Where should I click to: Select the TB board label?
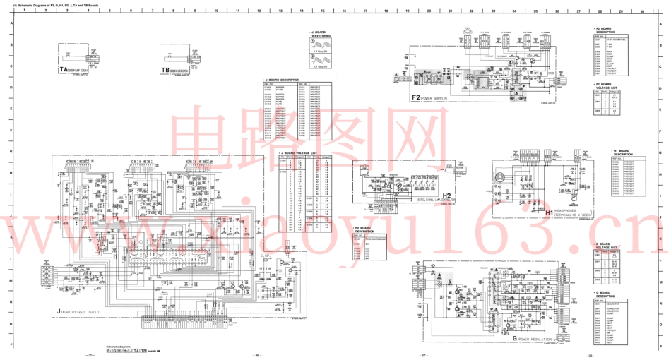(x=177, y=71)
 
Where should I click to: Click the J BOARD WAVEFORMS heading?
(x=321, y=33)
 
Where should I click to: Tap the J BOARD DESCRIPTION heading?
(x=283, y=80)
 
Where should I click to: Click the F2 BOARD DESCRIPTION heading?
(x=605, y=30)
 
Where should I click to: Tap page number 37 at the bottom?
(x=422, y=355)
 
